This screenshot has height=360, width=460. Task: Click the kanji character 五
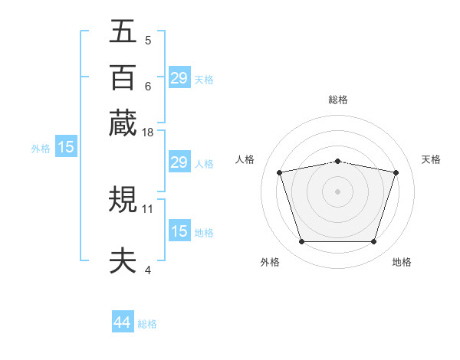point(123,32)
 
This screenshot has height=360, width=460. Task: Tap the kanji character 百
point(123,77)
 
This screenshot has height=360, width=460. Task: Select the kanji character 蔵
point(123,123)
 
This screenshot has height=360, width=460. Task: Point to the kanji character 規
point(123,201)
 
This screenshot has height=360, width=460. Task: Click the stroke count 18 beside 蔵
point(148,133)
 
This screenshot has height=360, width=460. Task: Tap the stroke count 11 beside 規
point(148,208)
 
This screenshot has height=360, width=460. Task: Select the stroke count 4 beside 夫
point(148,270)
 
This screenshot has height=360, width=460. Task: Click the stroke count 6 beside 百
point(148,86)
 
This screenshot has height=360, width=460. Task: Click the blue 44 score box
point(122,322)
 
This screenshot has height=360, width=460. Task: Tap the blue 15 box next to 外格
point(66,147)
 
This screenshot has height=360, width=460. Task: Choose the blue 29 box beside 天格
point(179,77)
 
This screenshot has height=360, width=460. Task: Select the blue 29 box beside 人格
point(179,162)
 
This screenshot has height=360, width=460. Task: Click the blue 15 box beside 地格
point(179,231)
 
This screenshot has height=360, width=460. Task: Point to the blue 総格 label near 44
point(147,324)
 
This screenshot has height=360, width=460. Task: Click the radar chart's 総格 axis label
point(338,100)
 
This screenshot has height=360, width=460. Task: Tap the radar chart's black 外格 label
point(270,263)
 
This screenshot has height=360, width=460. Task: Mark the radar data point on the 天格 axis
point(396,172)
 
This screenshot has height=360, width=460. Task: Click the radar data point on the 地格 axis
point(373,241)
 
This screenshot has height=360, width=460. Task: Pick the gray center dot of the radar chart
point(337,191)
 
